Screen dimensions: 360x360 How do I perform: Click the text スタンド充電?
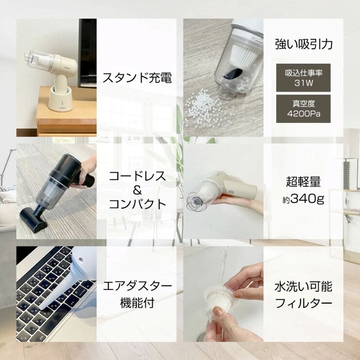(137, 78)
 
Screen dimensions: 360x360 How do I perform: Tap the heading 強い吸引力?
(303, 45)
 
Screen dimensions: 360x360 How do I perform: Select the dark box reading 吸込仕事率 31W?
(303, 78)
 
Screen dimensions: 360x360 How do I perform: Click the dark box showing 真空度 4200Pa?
(303, 108)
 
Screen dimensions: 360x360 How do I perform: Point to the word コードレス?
(137, 176)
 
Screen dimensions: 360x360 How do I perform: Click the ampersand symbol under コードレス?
(137, 190)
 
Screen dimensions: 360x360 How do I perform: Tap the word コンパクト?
(137, 204)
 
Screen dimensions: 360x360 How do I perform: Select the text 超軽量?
(303, 183)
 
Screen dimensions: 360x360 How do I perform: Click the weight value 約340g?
(303, 198)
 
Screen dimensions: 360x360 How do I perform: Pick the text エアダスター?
(137, 286)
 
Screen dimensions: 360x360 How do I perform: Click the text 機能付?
(137, 303)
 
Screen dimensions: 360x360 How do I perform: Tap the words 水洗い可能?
(303, 286)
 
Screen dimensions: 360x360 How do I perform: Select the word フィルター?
(303, 303)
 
